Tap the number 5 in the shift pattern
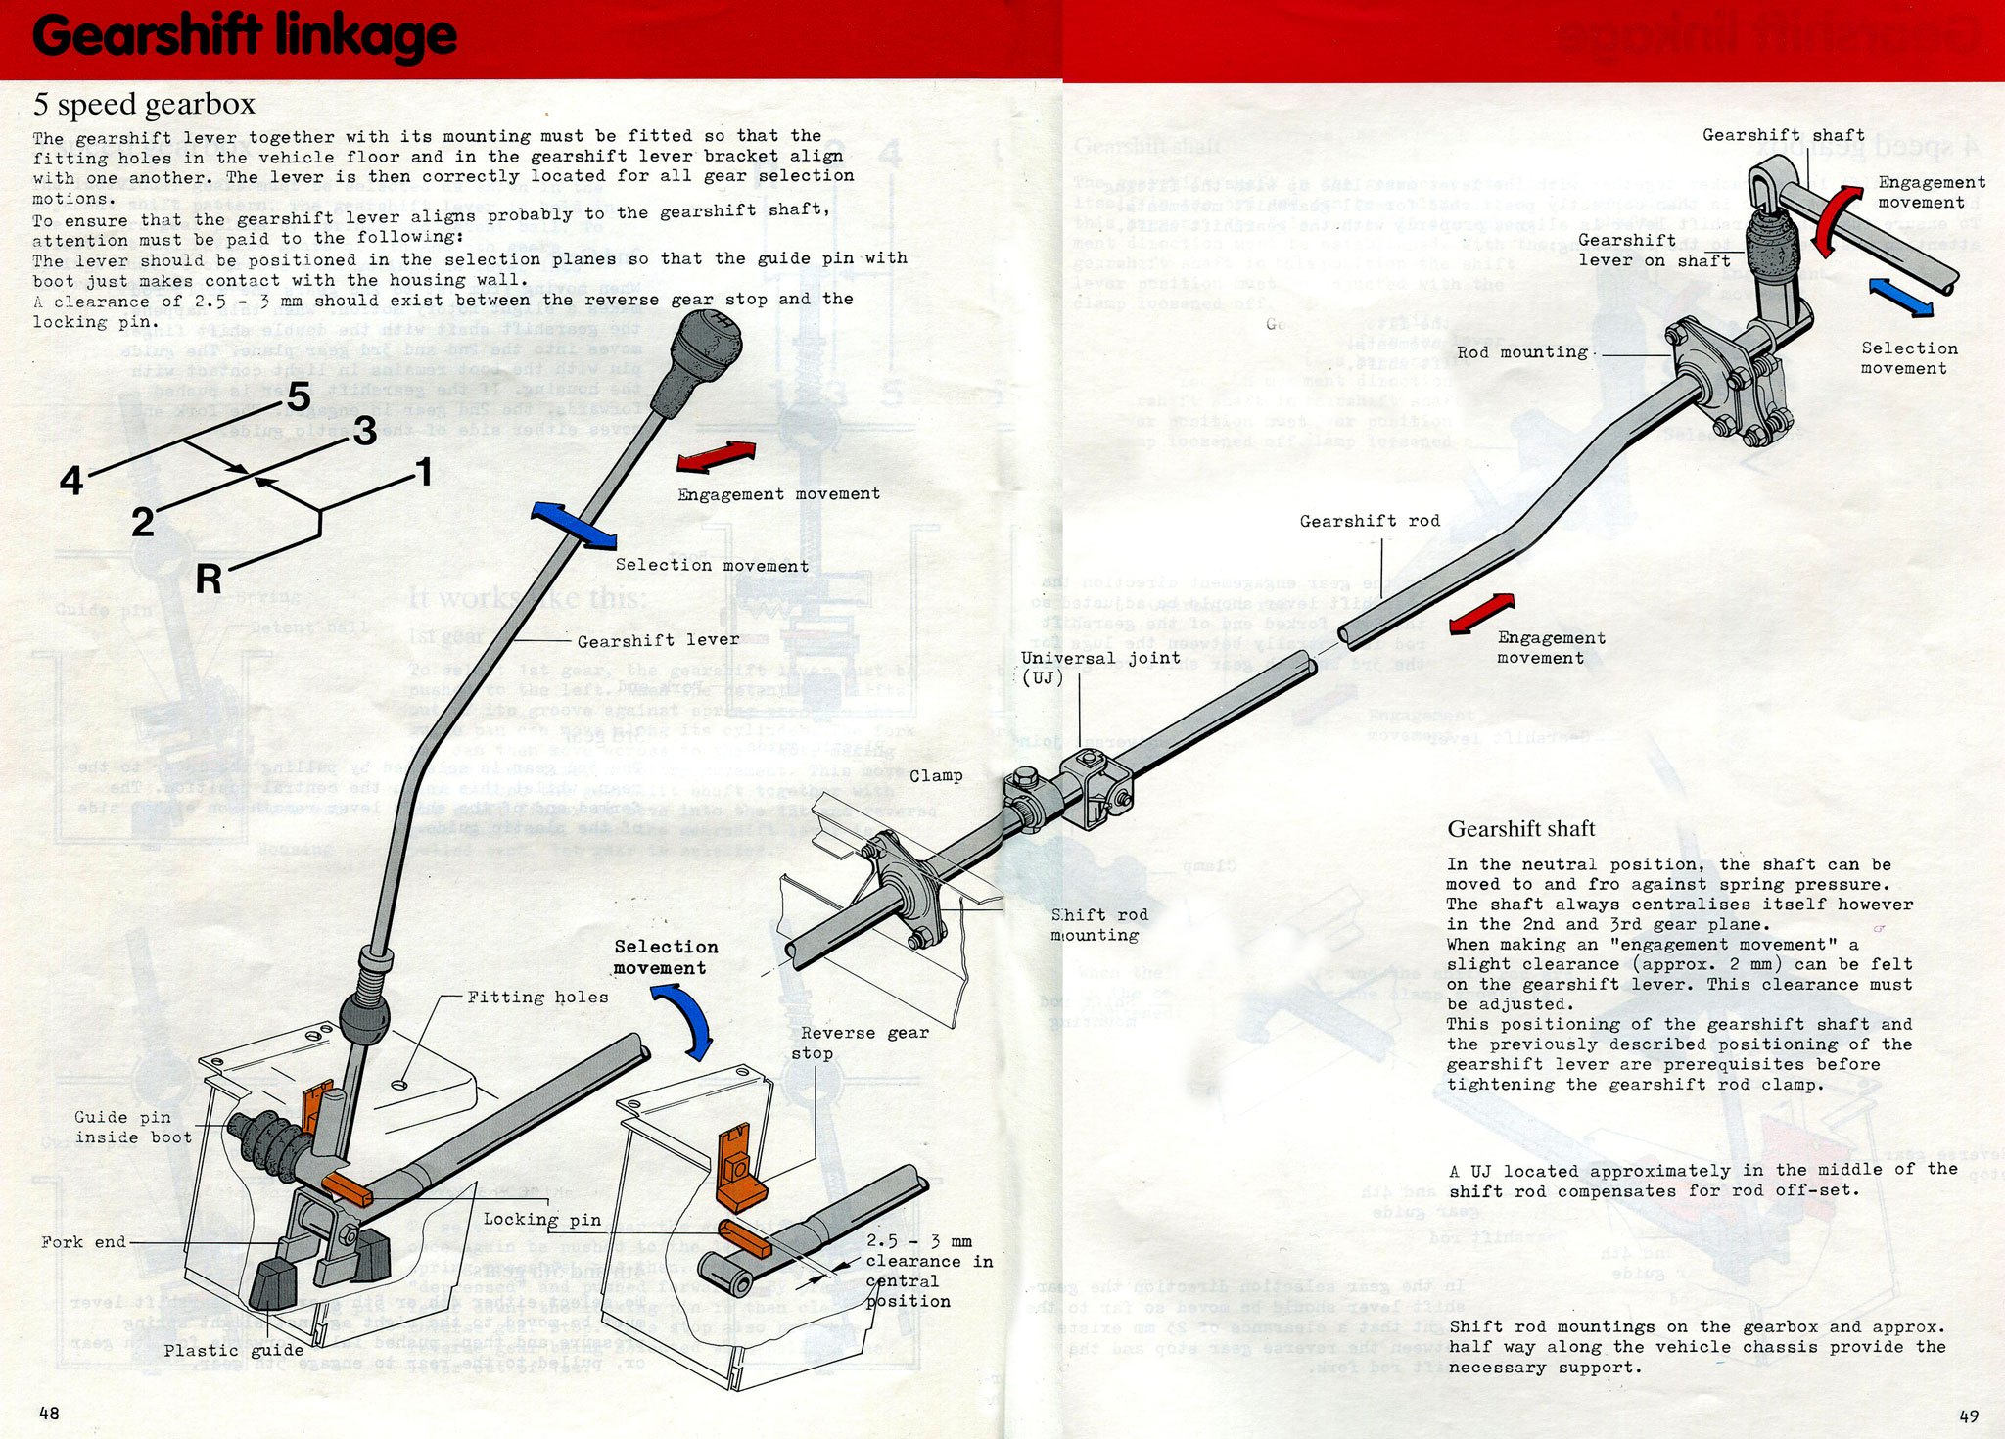click(x=299, y=397)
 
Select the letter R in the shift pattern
click(x=209, y=580)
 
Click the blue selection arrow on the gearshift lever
click(x=574, y=526)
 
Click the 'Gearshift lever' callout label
click(x=658, y=641)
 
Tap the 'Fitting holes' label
click(x=537, y=998)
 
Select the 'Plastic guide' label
click(x=233, y=1351)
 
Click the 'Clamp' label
click(x=936, y=776)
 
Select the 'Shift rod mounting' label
click(x=1098, y=925)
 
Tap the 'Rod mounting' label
click(x=1522, y=352)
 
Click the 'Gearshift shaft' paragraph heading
click(x=1520, y=829)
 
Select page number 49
click(x=1969, y=1416)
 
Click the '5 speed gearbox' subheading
click(x=144, y=104)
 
